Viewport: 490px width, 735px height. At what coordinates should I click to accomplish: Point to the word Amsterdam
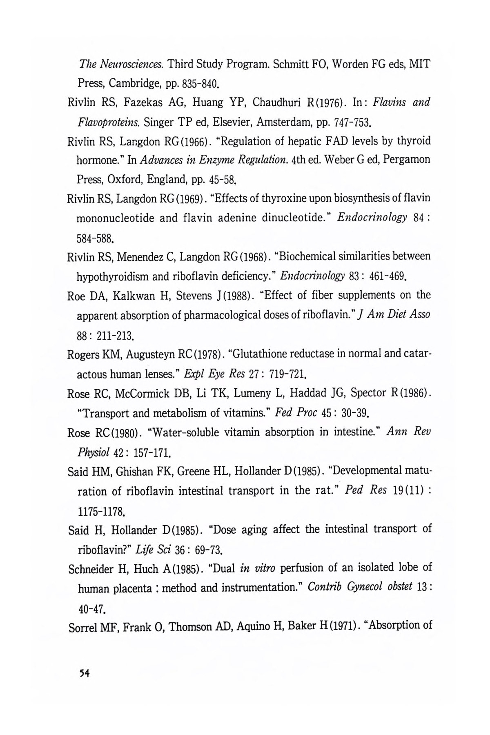247,122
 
